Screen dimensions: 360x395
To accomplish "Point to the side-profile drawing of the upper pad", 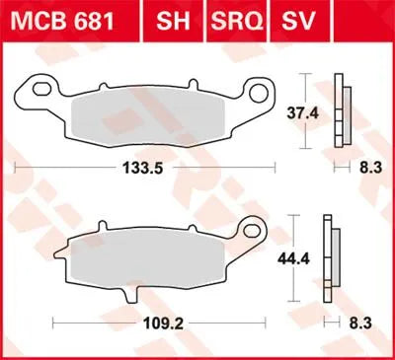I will pyautogui.click(x=342, y=113).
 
